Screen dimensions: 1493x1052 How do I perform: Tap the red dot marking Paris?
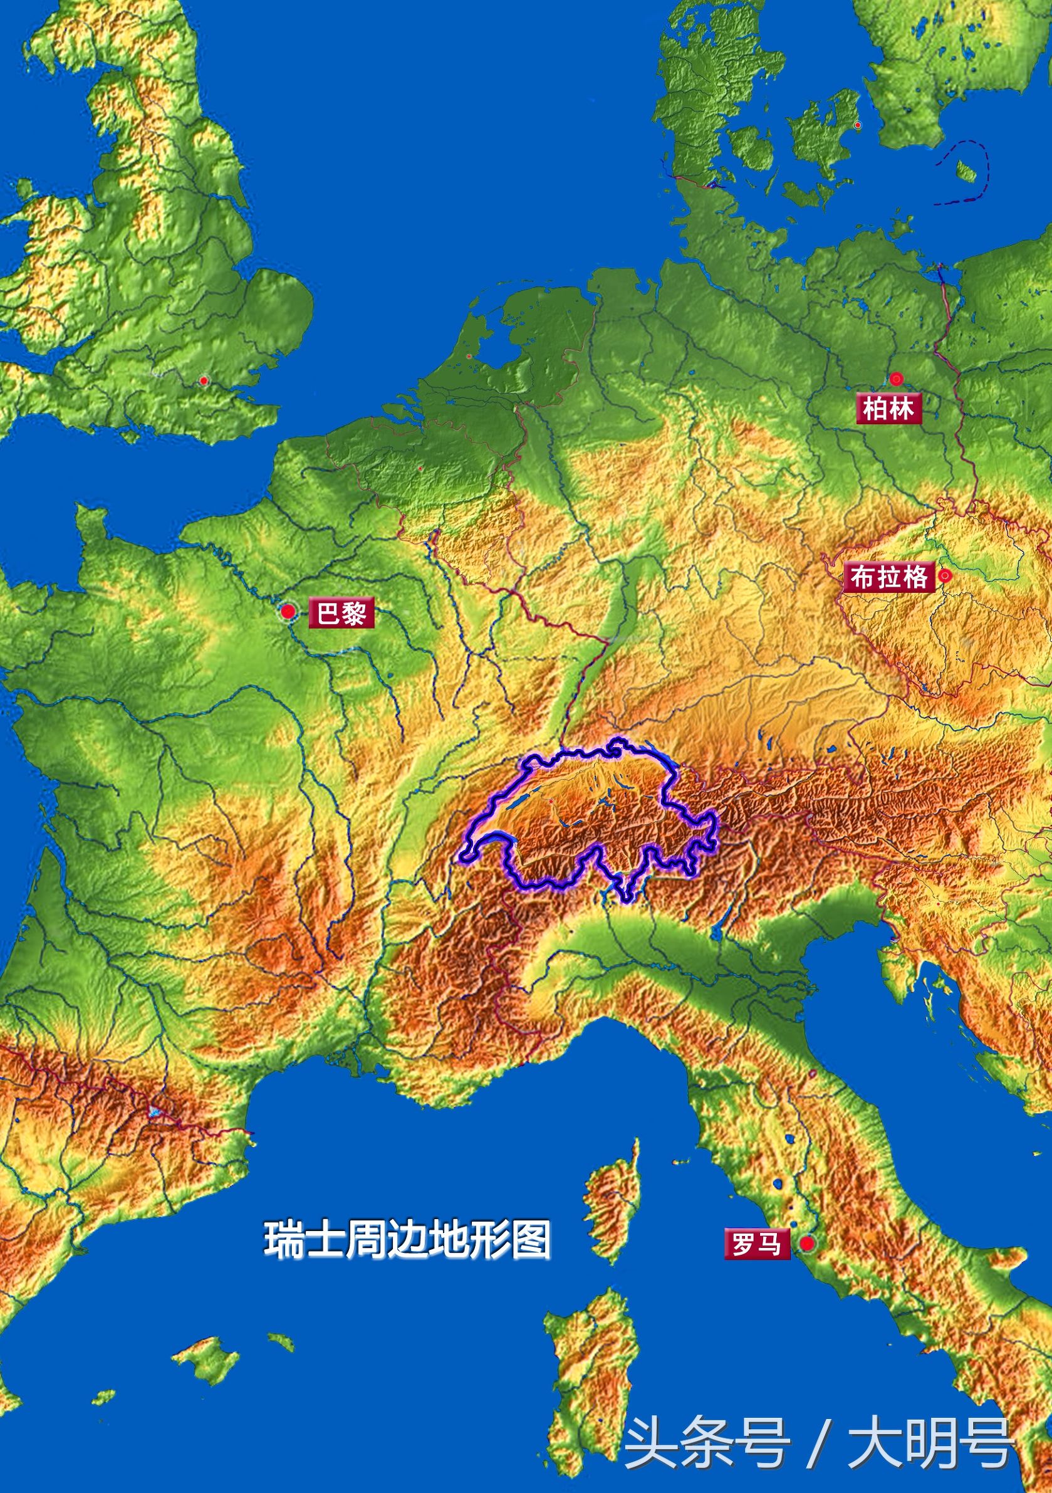pos(288,611)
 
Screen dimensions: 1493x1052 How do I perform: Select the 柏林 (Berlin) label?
pos(888,409)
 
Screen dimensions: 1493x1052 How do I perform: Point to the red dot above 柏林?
pos(897,378)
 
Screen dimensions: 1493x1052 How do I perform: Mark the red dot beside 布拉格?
pos(945,575)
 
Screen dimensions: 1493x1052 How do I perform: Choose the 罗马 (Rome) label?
pos(756,1245)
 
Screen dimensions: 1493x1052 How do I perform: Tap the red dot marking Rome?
pos(807,1244)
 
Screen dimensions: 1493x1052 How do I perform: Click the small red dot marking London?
pos(204,380)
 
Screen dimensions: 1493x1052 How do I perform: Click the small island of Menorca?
pos(281,1336)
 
